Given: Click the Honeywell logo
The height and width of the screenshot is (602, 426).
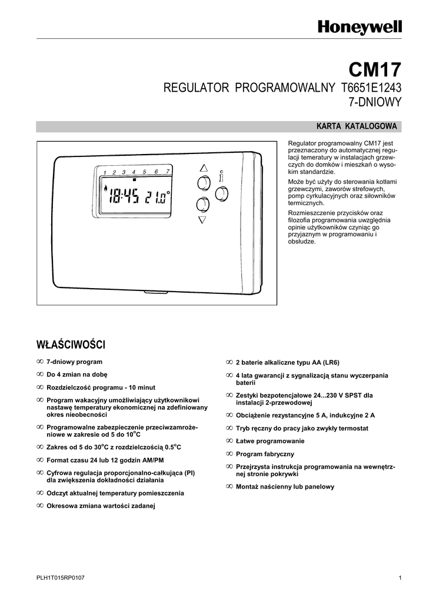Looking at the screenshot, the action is pos(360,28).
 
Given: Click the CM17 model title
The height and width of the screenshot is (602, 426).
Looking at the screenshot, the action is pos(375,70).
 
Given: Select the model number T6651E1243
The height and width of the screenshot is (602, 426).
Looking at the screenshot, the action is pos(371,88).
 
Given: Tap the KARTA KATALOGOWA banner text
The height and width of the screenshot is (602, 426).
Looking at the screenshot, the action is pos(357,126).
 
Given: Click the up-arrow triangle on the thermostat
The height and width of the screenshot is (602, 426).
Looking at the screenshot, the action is pos(203,168).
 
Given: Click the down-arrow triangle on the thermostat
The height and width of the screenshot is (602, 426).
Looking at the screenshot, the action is pos(202,220).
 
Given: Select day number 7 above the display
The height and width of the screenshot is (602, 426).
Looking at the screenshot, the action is pos(168,171).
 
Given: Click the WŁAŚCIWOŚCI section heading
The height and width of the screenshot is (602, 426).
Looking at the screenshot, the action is pos(71,345).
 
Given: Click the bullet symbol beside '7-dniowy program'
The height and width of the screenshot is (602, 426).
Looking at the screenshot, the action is pos(40,362).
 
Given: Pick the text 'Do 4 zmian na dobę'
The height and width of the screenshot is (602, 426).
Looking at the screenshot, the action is pos(77,374).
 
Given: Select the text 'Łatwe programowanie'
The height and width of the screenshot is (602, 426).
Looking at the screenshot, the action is pos(270,441).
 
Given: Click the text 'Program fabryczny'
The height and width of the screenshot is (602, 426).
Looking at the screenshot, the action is pos(265,454).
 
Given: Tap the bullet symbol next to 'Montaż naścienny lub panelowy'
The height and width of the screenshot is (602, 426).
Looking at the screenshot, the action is pos(229,486).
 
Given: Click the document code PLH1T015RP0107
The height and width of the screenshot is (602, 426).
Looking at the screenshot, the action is pos(60,578).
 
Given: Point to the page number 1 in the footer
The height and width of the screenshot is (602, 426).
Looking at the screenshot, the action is pos(400,578).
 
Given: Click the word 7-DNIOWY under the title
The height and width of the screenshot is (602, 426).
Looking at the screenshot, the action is pos(375,102).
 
